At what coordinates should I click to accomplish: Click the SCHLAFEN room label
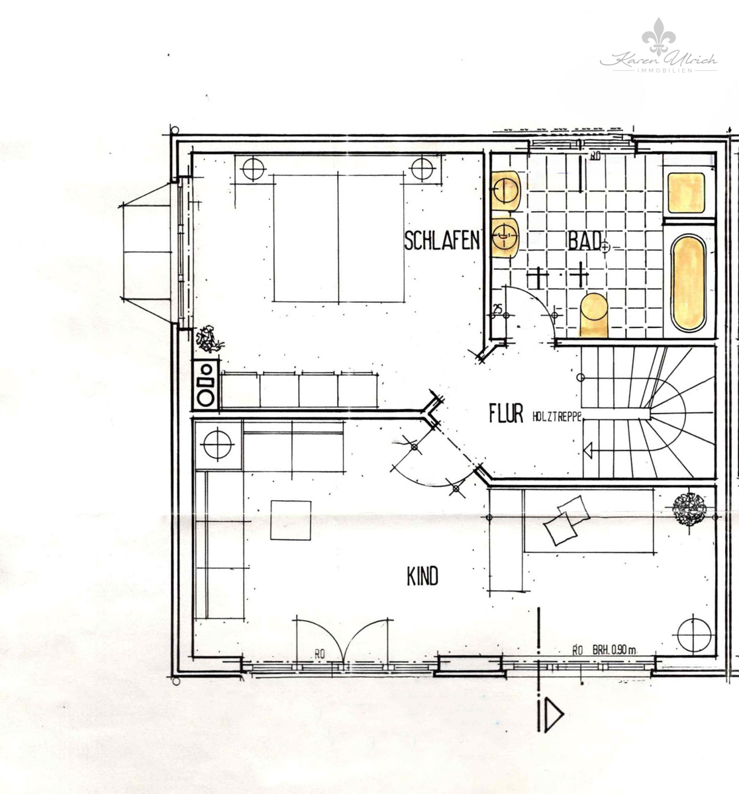442,241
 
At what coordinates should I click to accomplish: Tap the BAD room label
583,240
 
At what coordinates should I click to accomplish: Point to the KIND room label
422,577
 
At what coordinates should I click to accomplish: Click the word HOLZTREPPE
557,416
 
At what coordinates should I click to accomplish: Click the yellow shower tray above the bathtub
685,192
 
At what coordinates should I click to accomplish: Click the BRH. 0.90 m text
614,650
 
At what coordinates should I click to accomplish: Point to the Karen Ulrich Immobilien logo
658,50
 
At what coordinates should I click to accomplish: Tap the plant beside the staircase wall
690,508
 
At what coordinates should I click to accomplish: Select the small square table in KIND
291,520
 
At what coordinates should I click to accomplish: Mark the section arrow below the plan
550,715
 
